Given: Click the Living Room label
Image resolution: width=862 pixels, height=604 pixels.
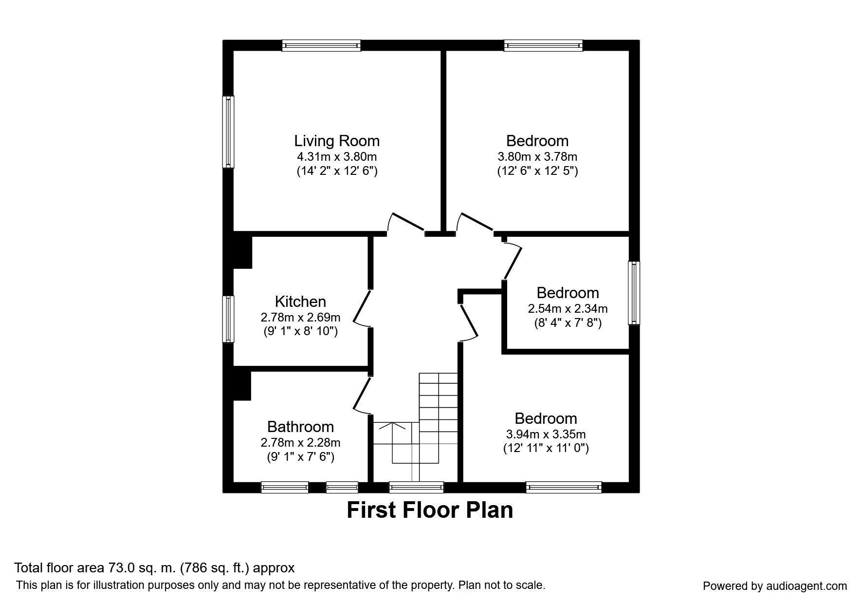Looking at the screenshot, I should pyautogui.click(x=336, y=141).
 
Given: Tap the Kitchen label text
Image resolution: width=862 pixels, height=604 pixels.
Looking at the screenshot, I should pyautogui.click(x=300, y=301).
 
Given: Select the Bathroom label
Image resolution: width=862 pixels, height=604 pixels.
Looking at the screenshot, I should pyautogui.click(x=300, y=427).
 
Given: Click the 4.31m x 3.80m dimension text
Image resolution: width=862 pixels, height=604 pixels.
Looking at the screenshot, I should pyautogui.click(x=337, y=157).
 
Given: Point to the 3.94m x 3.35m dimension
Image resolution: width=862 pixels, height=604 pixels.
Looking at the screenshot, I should pyautogui.click(x=546, y=434).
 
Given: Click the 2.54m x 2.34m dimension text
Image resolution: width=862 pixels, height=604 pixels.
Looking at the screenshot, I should pyautogui.click(x=568, y=308).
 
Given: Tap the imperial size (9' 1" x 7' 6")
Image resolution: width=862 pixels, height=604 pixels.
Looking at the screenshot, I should pyautogui.click(x=300, y=457).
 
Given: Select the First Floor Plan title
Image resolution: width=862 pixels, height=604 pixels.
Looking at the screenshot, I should pyautogui.click(x=430, y=510).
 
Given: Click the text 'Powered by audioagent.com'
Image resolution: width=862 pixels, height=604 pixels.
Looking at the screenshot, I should pyautogui.click(x=775, y=586).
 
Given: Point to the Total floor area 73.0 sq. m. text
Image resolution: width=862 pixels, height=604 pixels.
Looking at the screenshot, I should pyautogui.click(x=154, y=568).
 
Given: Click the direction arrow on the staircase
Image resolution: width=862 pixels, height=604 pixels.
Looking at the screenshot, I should pyautogui.click(x=392, y=426).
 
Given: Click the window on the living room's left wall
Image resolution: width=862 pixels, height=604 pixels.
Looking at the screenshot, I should pyautogui.click(x=228, y=132).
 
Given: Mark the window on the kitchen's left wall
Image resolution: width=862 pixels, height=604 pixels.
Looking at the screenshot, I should pyautogui.click(x=228, y=319).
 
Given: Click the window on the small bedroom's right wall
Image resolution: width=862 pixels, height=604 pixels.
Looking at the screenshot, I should pyautogui.click(x=634, y=293).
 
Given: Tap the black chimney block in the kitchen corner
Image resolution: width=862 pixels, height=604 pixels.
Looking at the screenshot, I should pyautogui.click(x=242, y=252).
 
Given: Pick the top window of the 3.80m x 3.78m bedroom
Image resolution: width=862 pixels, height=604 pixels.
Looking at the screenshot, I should pyautogui.click(x=543, y=45).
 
